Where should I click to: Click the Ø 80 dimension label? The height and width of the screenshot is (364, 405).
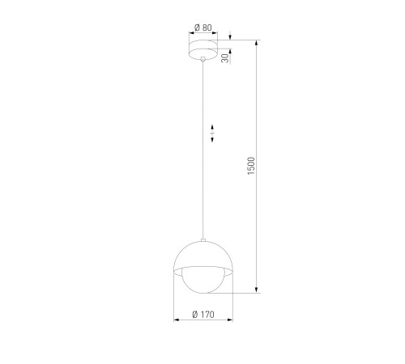tap(203, 28)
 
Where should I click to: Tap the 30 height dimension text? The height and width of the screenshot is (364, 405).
tap(225, 58)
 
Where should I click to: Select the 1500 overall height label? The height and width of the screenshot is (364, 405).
tap(251, 166)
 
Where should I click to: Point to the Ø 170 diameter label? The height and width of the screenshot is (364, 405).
tap(203, 315)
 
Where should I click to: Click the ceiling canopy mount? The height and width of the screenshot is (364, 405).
tap(203, 50)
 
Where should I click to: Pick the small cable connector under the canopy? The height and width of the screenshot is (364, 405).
tap(202, 58)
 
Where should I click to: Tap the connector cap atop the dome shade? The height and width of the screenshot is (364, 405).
tap(203, 239)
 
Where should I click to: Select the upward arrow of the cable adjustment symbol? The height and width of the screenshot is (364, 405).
tap(212, 127)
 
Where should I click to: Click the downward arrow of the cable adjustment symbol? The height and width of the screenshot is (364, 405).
tap(212, 139)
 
